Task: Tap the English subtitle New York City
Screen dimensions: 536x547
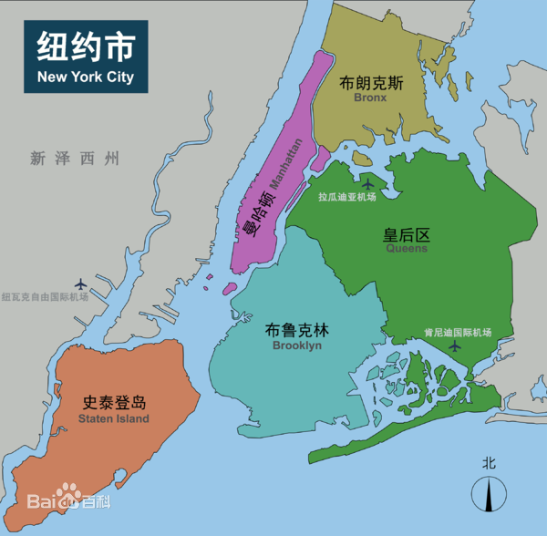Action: click(86, 77)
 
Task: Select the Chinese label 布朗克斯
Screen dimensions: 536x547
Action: click(371, 83)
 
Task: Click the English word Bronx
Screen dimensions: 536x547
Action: click(371, 98)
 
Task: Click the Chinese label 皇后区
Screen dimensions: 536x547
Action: click(406, 234)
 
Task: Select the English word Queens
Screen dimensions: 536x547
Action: click(407, 248)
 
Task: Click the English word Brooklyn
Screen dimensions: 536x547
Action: click(297, 346)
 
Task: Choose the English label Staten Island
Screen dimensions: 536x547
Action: click(114, 418)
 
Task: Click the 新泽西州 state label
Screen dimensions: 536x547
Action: click(75, 159)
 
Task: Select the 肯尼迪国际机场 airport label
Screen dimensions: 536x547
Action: click(458, 333)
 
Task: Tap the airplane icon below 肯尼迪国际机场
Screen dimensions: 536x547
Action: click(456, 347)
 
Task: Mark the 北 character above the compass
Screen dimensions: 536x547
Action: click(490, 463)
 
